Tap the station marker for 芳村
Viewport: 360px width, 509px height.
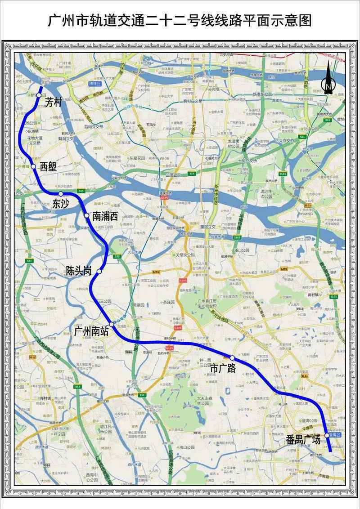click(x=39, y=89)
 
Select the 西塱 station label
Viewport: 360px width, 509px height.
click(x=48, y=166)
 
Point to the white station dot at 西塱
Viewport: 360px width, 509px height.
click(x=33, y=166)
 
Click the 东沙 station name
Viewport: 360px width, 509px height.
click(x=61, y=203)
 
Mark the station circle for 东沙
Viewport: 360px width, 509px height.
click(x=61, y=194)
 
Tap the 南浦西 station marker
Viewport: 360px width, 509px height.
click(x=86, y=216)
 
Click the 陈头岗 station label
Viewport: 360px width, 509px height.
click(x=79, y=271)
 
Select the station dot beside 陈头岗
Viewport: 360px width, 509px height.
click(x=99, y=272)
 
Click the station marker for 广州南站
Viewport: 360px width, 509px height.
click(x=111, y=324)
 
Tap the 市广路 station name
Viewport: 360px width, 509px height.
click(x=223, y=368)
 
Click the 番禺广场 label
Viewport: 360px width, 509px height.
click(x=303, y=440)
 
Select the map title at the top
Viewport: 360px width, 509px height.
click(x=180, y=21)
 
